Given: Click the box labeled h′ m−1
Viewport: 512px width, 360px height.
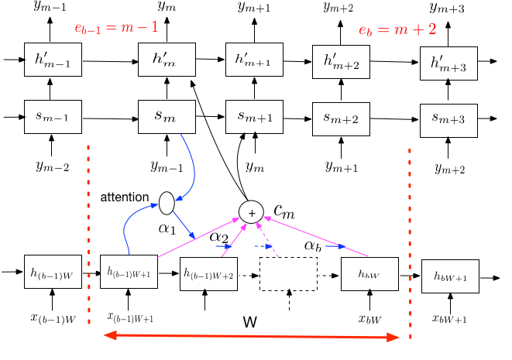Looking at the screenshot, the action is click(x=53, y=60).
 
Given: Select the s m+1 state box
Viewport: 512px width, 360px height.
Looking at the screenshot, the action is click(x=254, y=117).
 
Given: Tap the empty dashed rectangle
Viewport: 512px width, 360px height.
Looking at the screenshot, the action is click(x=289, y=274).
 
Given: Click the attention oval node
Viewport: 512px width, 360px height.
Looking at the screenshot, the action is click(x=167, y=203).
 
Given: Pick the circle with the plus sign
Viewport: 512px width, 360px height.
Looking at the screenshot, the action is click(x=251, y=212).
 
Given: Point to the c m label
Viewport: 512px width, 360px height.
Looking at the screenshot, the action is click(x=284, y=211).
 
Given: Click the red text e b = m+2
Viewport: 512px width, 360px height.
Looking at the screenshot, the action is click(x=397, y=29).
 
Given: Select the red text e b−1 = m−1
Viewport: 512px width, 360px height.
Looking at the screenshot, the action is click(x=116, y=27).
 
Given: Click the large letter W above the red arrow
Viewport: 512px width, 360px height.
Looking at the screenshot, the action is click(x=250, y=322).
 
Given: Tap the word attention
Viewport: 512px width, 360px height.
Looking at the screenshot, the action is click(x=125, y=197).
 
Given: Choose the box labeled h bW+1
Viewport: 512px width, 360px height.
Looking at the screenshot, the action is click(x=450, y=276).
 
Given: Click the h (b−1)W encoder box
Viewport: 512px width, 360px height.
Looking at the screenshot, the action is click(x=53, y=272).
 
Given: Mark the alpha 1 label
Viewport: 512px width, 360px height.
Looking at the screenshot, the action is click(x=167, y=228).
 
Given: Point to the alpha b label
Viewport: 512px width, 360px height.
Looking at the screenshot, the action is click(x=312, y=245).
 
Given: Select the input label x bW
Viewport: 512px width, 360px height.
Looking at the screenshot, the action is click(x=369, y=319).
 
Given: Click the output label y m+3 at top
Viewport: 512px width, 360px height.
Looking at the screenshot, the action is click(x=447, y=8).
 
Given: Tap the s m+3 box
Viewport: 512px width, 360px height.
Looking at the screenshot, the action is click(x=448, y=121).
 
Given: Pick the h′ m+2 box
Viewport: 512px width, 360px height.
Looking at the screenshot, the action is click(x=342, y=62).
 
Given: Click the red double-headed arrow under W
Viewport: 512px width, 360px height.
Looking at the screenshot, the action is click(x=252, y=336).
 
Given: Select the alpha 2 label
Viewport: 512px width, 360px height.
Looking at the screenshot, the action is click(x=218, y=237).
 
